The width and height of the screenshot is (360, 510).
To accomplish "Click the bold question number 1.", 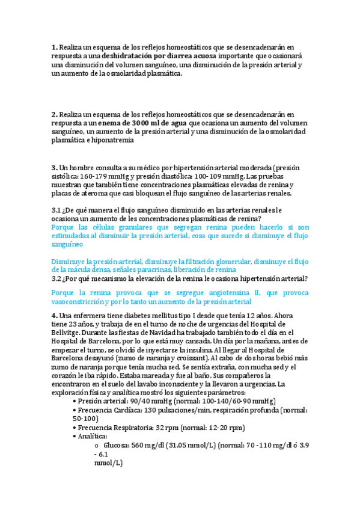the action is point(54,47).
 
